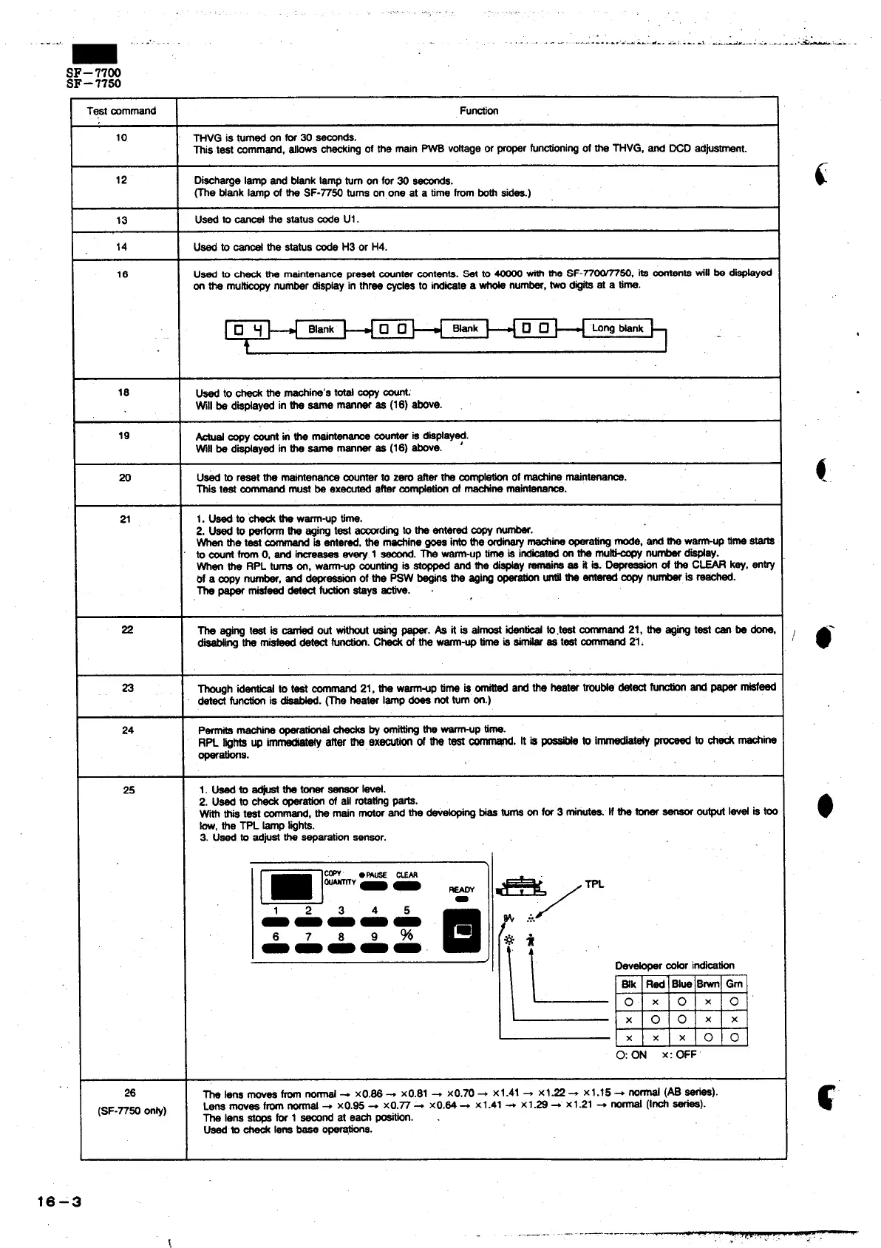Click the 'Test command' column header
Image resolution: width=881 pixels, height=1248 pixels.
[x=122, y=111]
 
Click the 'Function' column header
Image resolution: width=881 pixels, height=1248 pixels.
[x=478, y=111]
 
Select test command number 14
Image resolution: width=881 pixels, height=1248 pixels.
[x=122, y=247]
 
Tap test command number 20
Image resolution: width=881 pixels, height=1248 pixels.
[x=125, y=478]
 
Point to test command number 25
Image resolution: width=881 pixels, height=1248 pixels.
[x=129, y=790]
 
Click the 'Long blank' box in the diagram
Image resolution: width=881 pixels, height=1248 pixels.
[x=618, y=328]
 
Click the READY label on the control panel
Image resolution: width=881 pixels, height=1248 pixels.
[x=462, y=889]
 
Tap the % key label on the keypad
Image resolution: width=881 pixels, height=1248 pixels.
[x=407, y=935]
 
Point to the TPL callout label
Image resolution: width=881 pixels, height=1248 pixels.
[x=594, y=884]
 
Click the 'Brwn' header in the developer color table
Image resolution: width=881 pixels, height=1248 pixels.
[x=708, y=984]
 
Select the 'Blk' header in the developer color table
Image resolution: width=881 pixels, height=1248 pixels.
[x=629, y=984]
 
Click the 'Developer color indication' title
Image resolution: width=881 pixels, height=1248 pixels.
[x=674, y=966]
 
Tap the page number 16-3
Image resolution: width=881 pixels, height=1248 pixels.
[x=60, y=1202]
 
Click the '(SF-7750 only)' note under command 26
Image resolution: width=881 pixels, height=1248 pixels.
[x=132, y=1110]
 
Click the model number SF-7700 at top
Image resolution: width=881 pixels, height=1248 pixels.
[x=94, y=72]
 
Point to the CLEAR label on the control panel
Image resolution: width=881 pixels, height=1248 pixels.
[x=407, y=875]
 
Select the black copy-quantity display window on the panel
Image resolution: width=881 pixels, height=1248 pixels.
[x=291, y=885]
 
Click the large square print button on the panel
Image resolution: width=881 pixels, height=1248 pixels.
[x=462, y=929]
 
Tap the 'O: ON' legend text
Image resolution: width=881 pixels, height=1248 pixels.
[x=631, y=1054]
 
